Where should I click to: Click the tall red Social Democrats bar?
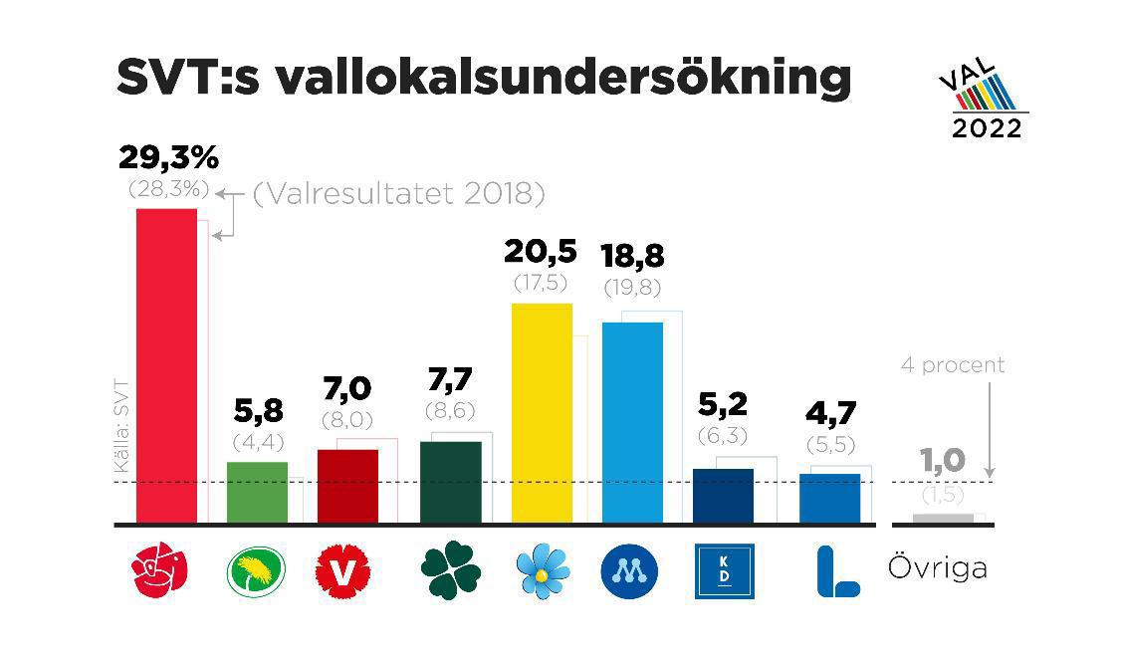tap(165, 364)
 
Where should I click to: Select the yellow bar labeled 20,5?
tap(541, 412)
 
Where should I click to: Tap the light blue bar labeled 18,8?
tap(632, 422)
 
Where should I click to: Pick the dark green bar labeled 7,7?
tap(451, 482)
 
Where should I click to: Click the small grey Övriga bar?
tap(943, 518)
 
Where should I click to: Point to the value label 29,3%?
tap(168, 157)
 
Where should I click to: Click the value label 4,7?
tap(829, 413)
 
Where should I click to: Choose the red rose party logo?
tap(161, 570)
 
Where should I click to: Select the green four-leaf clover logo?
tap(450, 570)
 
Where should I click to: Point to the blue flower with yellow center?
tap(544, 570)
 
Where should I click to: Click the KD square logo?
tap(724, 571)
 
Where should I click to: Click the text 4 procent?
tap(952, 365)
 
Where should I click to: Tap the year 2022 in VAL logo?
tap(986, 127)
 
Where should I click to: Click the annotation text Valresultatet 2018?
tap(398, 194)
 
